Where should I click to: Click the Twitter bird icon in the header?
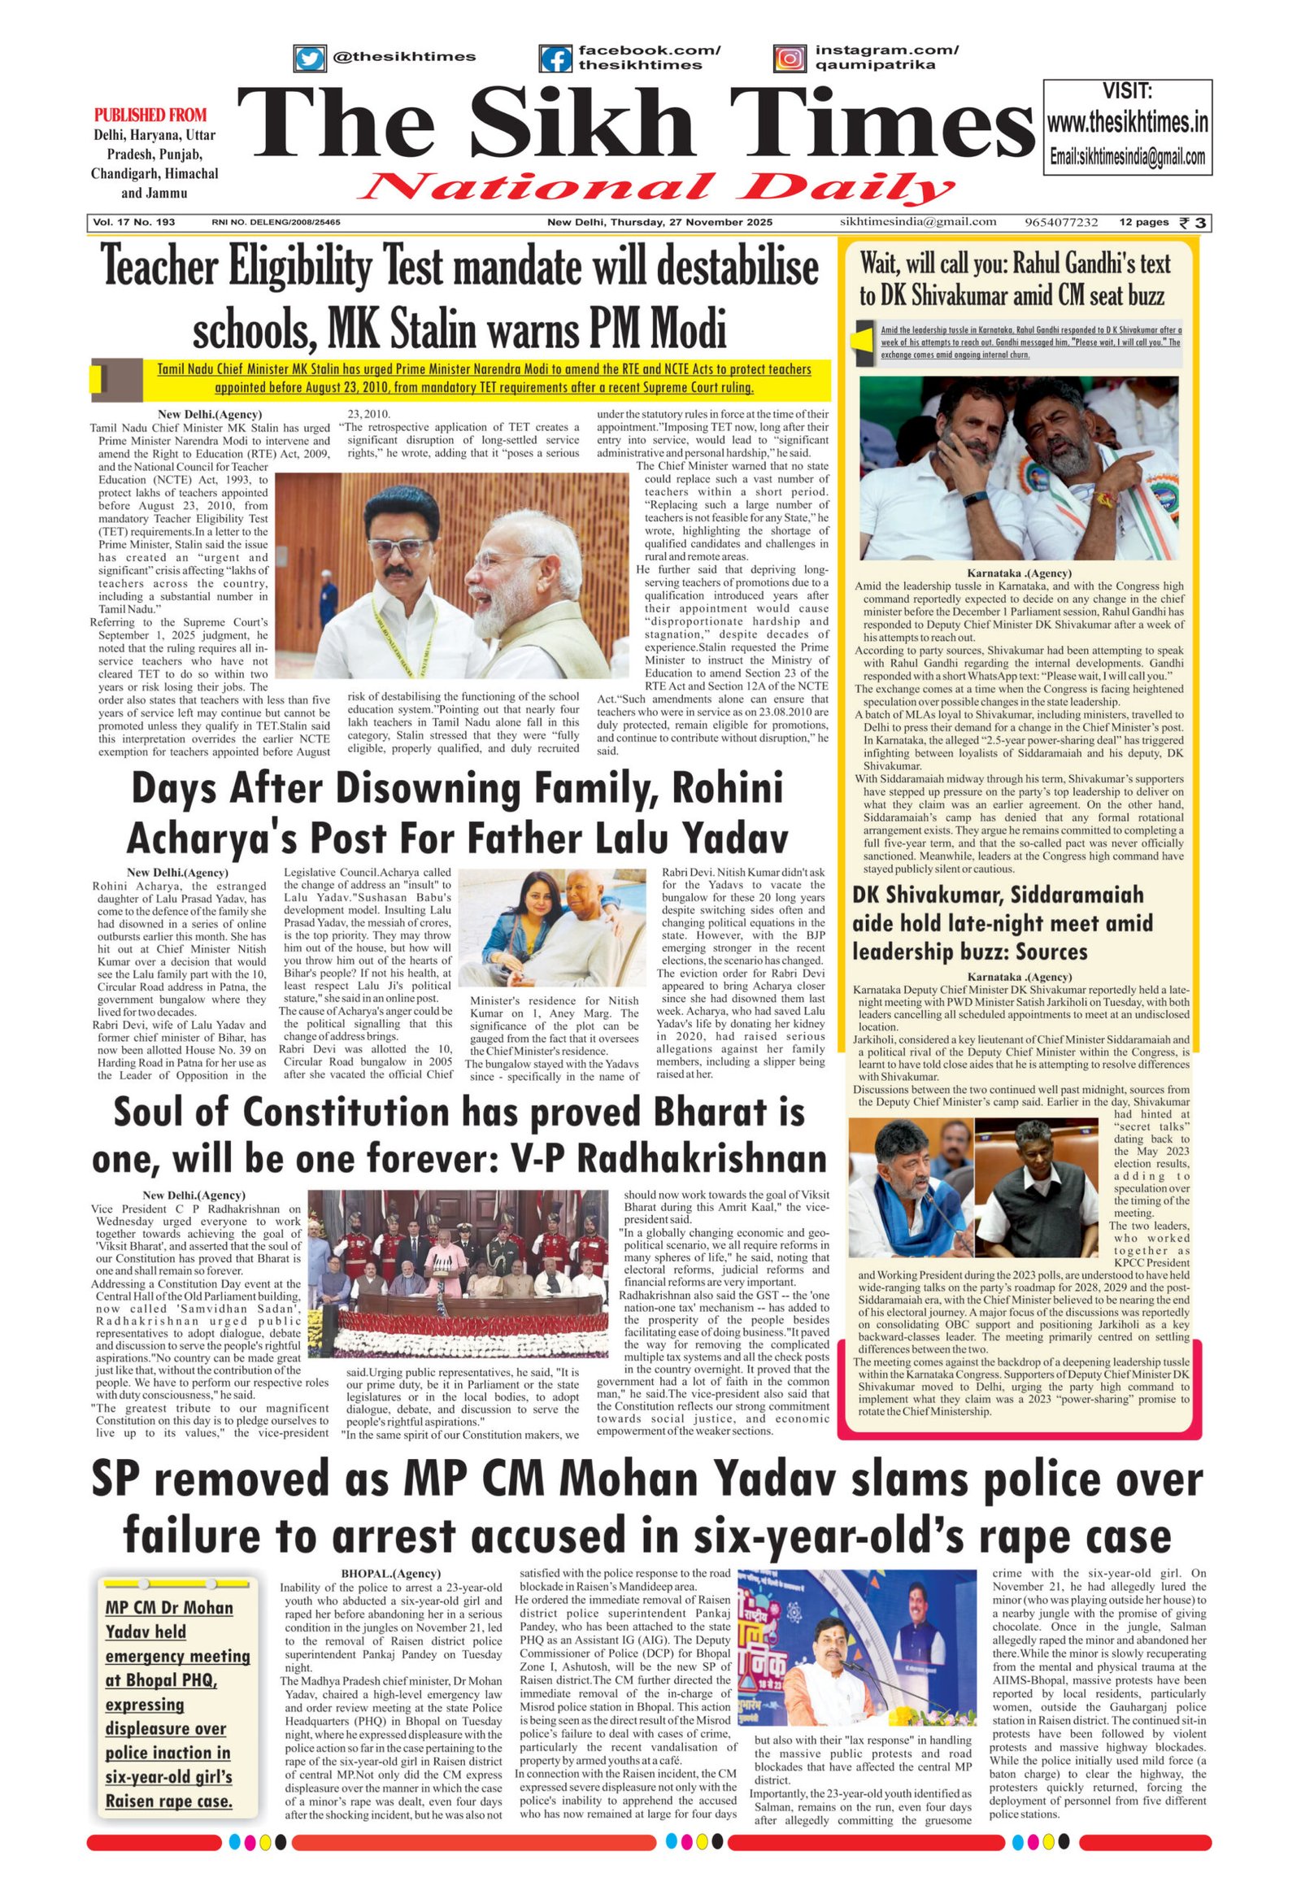[x=309, y=58]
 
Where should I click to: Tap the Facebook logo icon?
[x=555, y=59]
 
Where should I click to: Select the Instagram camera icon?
[x=789, y=58]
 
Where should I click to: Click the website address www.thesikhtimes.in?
[x=1126, y=123]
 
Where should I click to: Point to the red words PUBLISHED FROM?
[x=150, y=115]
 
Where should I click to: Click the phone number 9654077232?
[x=1061, y=222]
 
